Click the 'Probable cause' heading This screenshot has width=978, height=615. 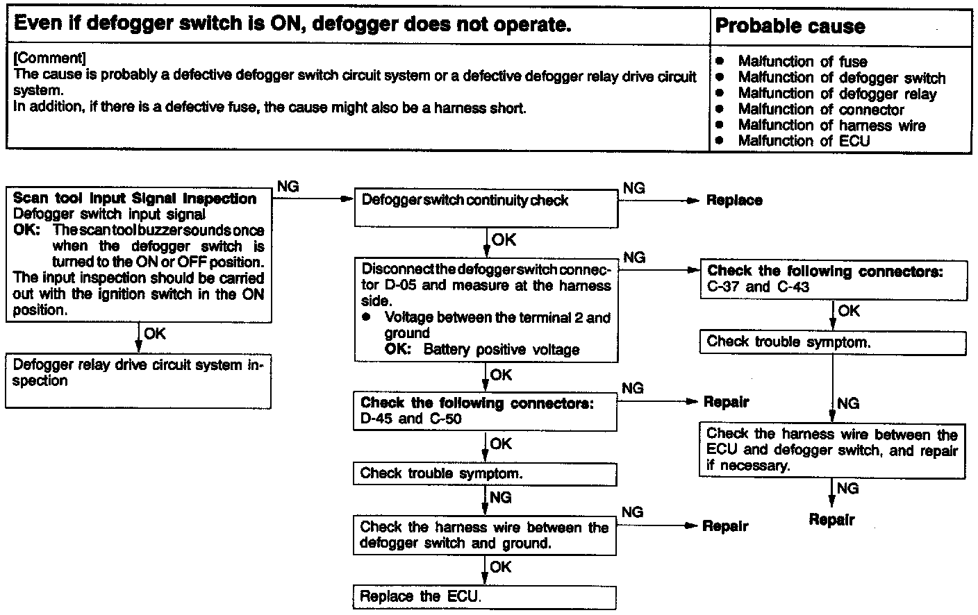click(790, 26)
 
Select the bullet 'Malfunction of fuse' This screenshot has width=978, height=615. click(802, 61)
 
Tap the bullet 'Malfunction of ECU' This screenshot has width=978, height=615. click(804, 141)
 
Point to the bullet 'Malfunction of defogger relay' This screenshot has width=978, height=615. click(837, 94)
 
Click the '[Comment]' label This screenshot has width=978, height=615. click(49, 57)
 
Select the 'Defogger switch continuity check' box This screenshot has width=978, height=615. click(486, 208)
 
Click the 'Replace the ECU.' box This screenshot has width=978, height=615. click(484, 597)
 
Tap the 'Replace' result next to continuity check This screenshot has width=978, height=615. click(733, 201)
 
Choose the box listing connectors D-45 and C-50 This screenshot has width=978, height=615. click(485, 411)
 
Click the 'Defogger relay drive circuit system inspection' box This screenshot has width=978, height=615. click(138, 380)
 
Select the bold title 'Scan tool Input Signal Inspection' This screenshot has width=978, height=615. click(135, 199)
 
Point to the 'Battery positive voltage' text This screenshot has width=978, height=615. click(501, 350)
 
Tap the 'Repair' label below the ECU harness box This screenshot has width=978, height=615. click(831, 520)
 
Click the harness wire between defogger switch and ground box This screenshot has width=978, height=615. click(484, 535)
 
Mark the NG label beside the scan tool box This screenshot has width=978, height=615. click(288, 187)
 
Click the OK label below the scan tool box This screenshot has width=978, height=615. click(155, 334)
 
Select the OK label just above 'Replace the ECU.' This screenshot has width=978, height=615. click(500, 567)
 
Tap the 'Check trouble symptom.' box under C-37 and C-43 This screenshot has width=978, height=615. click(832, 342)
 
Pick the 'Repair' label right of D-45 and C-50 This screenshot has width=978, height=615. click(726, 402)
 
